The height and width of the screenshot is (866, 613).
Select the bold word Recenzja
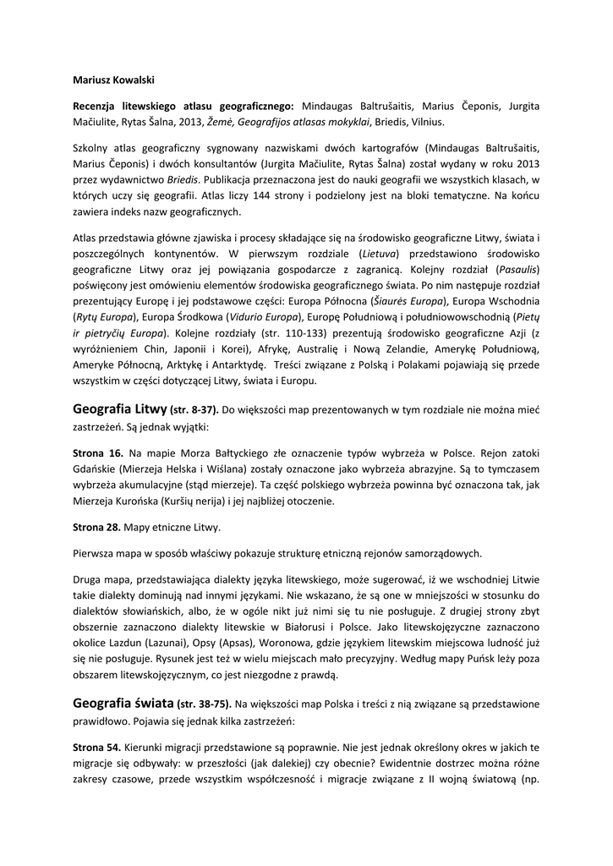97,106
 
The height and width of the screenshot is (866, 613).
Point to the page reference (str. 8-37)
194,410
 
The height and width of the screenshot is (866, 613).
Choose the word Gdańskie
95,469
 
